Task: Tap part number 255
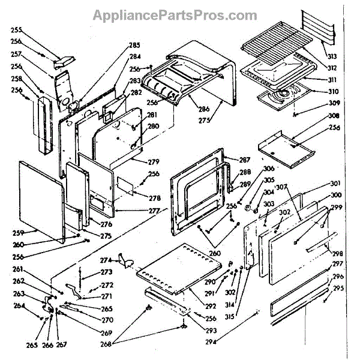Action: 16,29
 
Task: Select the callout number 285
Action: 134,45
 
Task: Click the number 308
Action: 334,116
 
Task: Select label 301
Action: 335,184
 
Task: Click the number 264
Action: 19,306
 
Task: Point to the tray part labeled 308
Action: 285,146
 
